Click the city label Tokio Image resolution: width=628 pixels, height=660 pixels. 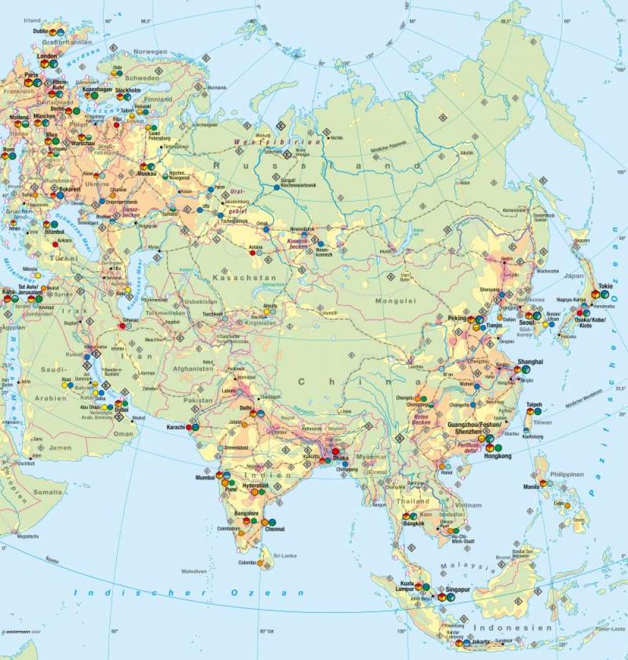(605, 286)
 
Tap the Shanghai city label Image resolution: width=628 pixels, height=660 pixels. (531, 362)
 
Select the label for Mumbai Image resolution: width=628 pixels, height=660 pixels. (205, 477)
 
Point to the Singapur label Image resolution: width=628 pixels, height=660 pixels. (458, 590)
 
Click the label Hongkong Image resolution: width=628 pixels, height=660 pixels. (498, 457)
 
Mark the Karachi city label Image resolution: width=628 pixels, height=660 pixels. (175, 427)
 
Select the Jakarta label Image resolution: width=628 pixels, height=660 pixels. (483, 642)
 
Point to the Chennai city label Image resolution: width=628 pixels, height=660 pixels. (274, 529)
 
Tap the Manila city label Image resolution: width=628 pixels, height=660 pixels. (531, 486)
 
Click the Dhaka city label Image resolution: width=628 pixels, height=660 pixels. (341, 458)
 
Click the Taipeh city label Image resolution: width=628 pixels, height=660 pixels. (534, 404)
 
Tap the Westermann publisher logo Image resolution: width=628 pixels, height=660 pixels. (17, 632)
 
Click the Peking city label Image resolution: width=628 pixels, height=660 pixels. (457, 318)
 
